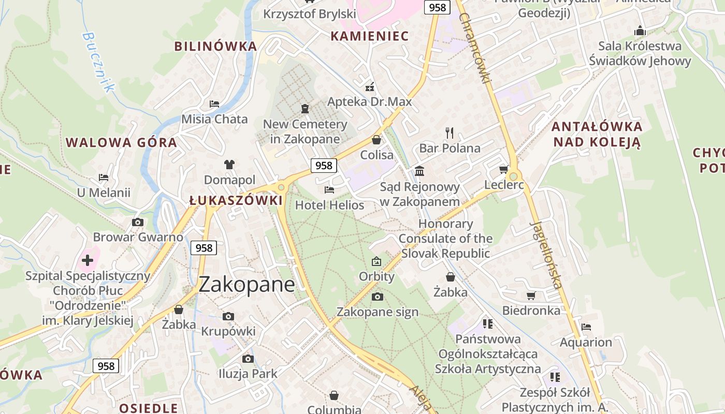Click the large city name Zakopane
pyautogui.click(x=247, y=285)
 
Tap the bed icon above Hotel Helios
pyautogui.click(x=329, y=190)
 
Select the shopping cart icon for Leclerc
pyautogui.click(x=503, y=170)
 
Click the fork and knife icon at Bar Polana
pyautogui.click(x=450, y=133)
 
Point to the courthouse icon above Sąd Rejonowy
pyautogui.click(x=419, y=171)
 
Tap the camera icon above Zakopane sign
pyautogui.click(x=378, y=297)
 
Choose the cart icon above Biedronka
pyautogui.click(x=531, y=295)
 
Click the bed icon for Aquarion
pyautogui.click(x=586, y=327)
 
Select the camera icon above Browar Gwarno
pyautogui.click(x=138, y=222)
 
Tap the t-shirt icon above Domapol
pyautogui.click(x=229, y=165)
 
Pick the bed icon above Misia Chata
pyautogui.click(x=214, y=103)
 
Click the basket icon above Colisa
pyautogui.click(x=376, y=140)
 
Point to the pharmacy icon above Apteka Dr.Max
pyautogui.click(x=370, y=86)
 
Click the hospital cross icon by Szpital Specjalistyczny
pyautogui.click(x=88, y=260)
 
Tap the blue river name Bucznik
pyautogui.click(x=97, y=62)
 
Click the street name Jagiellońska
pyautogui.click(x=546, y=255)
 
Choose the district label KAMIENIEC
pyautogui.click(x=370, y=36)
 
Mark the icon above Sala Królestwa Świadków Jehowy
pyautogui.click(x=640, y=31)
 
